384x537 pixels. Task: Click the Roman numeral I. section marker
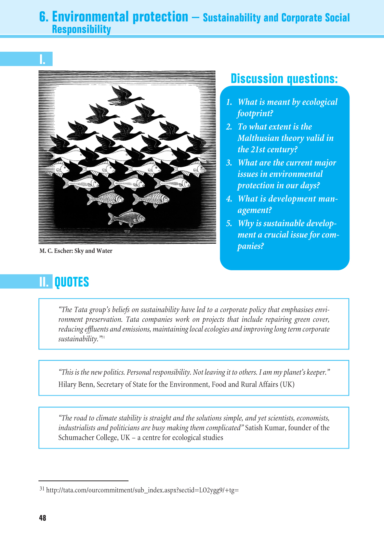pyautogui.click(x=42, y=59)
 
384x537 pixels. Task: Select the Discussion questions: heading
pyautogui.click(x=284, y=79)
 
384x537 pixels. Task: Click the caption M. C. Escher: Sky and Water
pyautogui.click(x=76, y=251)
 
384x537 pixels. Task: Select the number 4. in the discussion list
pyautogui.click(x=229, y=199)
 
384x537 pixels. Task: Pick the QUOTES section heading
pyautogui.click(x=72, y=282)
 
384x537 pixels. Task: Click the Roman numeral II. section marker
pyautogui.click(x=44, y=282)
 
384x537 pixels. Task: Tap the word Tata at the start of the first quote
pyautogui.click(x=81, y=310)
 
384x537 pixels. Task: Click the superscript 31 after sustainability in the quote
pyautogui.click(x=103, y=337)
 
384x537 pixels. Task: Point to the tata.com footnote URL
pyautogui.click(x=142, y=490)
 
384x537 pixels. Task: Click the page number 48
pyautogui.click(x=43, y=518)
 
